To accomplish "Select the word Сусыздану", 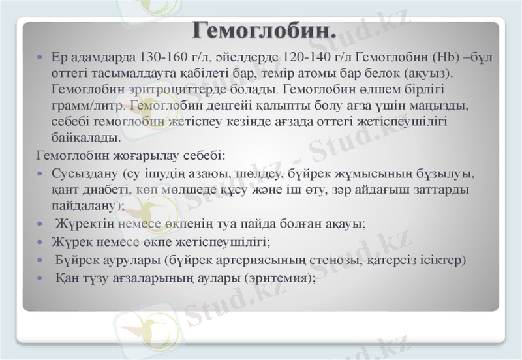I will click(x=83, y=174).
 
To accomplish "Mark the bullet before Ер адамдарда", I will click(x=40, y=58).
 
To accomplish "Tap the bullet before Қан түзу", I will click(x=40, y=277).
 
